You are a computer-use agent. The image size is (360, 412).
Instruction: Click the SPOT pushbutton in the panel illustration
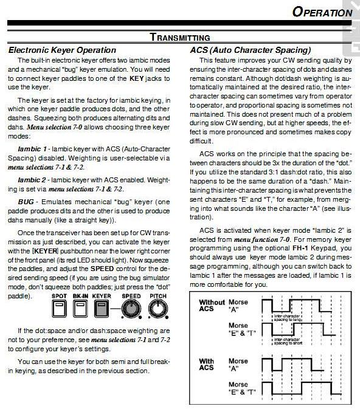[59, 309]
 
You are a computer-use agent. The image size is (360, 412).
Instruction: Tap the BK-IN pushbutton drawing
[80, 309]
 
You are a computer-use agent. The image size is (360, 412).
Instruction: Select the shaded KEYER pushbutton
[102, 309]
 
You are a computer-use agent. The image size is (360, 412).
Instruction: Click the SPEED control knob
[131, 309]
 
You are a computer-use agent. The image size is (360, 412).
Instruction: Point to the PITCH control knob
[158, 309]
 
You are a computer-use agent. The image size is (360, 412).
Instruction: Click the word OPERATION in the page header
[322, 12]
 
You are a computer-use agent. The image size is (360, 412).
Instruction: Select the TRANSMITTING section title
[180, 37]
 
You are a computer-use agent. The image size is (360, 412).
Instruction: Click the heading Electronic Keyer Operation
[62, 50]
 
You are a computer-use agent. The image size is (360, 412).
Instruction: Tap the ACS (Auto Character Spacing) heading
[251, 50]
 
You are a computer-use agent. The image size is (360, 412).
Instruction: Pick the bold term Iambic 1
[32, 149]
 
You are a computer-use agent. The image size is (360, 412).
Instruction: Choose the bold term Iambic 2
[32, 180]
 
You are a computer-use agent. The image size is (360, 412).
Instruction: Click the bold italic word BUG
[26, 202]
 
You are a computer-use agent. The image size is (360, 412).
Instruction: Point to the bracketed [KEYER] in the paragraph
[45, 251]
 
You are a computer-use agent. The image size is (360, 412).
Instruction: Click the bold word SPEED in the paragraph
[102, 269]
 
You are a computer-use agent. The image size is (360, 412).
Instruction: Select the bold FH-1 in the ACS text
[300, 248]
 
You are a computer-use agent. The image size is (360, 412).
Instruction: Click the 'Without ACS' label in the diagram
[212, 305]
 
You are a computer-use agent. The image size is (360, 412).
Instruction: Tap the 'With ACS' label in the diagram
[206, 364]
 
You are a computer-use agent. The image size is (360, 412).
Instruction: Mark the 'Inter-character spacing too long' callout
[288, 318]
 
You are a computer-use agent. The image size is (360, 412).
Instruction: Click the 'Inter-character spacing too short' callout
[288, 342]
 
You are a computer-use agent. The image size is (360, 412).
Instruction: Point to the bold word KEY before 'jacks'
[136, 78]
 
